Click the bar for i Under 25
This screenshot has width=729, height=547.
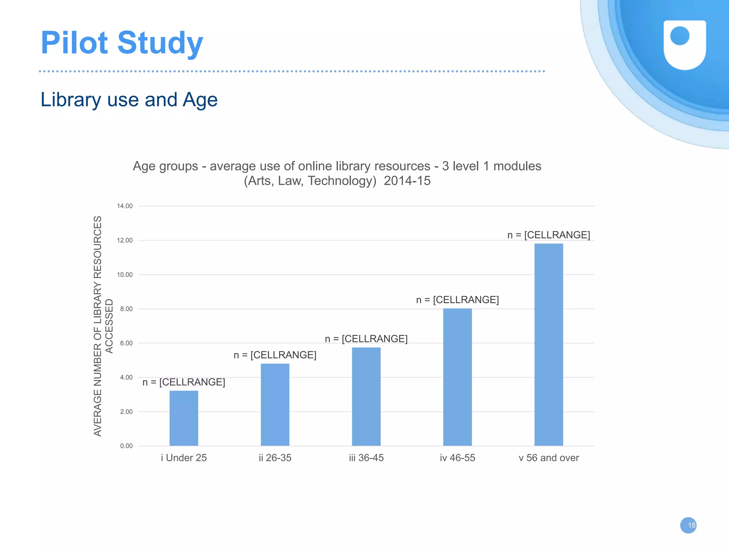(184, 418)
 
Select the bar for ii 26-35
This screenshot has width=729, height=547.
(275, 405)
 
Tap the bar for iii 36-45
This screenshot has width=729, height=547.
(366, 396)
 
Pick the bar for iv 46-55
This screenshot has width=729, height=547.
(457, 377)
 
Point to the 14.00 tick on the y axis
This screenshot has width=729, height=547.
(125, 206)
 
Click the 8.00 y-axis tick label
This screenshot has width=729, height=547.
(126, 309)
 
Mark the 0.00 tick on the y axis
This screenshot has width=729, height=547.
(126, 446)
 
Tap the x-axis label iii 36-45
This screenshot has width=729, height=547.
(366, 458)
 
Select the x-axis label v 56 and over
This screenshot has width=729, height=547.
(549, 458)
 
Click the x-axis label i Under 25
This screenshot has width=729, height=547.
(184, 458)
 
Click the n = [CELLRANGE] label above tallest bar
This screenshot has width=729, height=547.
(549, 235)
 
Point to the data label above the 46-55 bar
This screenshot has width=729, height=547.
(457, 300)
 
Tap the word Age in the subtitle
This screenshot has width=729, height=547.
(200, 100)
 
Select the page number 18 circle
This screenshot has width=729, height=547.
(688, 525)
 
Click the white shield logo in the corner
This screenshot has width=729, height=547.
(685, 44)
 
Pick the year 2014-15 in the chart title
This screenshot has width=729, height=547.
(407, 181)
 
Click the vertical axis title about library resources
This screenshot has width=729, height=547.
(103, 326)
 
